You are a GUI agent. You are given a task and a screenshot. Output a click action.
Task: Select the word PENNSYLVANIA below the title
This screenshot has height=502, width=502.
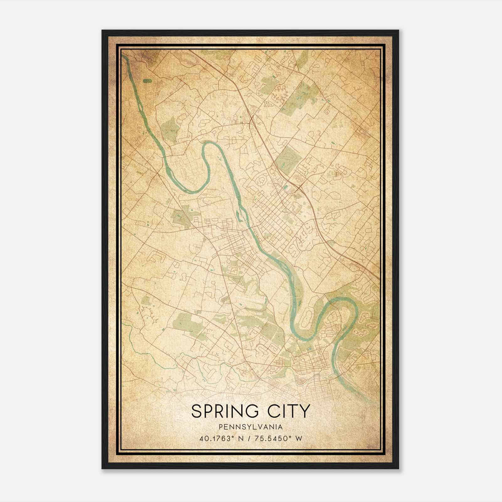[x=251, y=427]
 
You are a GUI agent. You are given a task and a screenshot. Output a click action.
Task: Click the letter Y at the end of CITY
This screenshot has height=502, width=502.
[x=306, y=411]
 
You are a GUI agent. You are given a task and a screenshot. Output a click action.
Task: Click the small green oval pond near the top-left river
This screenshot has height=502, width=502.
[x=147, y=81]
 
